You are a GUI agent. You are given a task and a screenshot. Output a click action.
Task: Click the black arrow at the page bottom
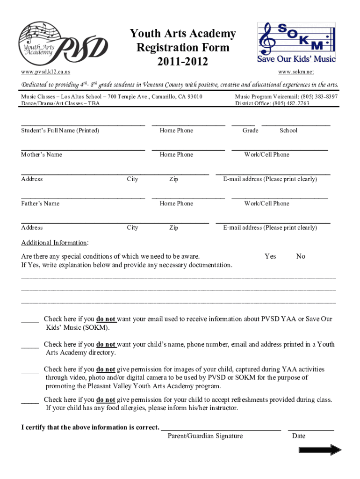320,450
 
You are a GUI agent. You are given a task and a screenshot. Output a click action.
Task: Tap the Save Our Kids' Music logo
296,43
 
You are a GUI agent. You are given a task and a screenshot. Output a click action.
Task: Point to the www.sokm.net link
296,72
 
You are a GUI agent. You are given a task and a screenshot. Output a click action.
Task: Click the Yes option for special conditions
270,256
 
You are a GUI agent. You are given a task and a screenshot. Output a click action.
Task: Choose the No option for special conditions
301,256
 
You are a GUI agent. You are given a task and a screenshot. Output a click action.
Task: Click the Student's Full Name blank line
83,124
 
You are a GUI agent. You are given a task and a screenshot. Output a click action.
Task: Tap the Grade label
250,131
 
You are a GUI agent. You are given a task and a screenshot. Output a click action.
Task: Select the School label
288,131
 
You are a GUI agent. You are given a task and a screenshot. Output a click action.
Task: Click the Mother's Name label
42,155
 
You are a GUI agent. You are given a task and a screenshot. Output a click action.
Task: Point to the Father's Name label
41,203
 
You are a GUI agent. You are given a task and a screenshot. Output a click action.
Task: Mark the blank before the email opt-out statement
30,320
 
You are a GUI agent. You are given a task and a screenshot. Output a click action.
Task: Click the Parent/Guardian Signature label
205,436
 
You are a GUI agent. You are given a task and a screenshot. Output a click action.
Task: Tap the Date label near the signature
298,436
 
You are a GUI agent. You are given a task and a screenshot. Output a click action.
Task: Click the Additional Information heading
54,243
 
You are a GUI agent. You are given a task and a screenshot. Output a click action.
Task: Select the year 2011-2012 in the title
183,61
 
